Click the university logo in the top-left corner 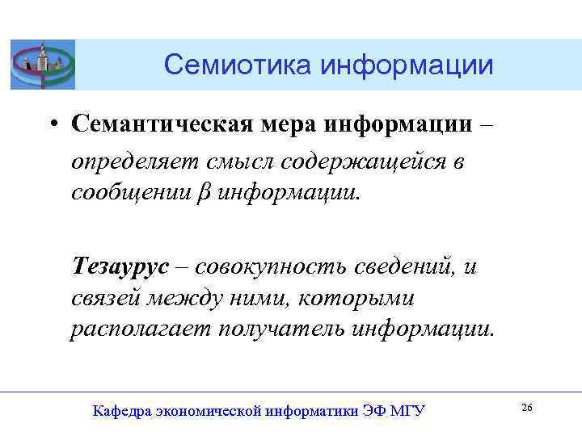(43, 64)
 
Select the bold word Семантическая (149, 124)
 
